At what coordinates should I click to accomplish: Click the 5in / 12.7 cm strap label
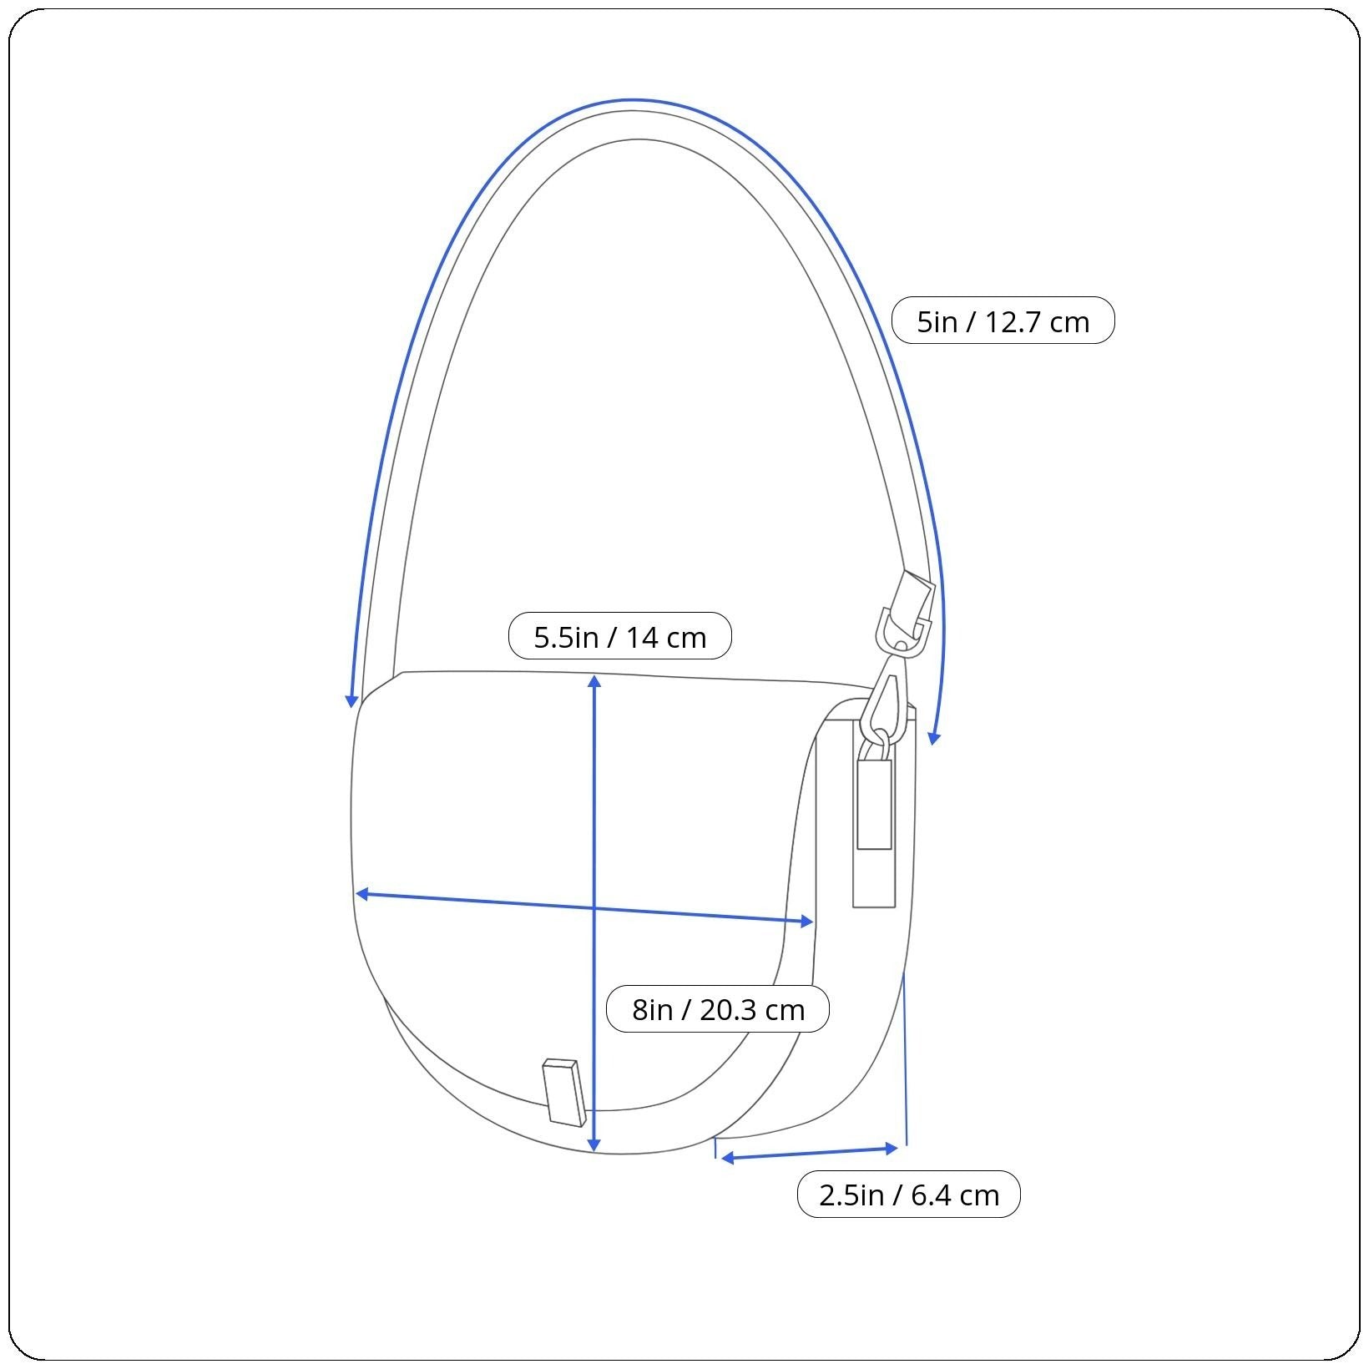click(x=1003, y=321)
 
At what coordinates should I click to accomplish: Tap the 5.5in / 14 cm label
click(x=619, y=636)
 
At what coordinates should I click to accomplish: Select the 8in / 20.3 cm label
click(x=717, y=1008)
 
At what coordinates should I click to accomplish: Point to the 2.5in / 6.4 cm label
click(x=908, y=1194)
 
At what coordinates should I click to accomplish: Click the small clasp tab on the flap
click(x=563, y=1092)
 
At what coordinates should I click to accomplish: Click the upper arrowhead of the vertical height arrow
click(x=594, y=681)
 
